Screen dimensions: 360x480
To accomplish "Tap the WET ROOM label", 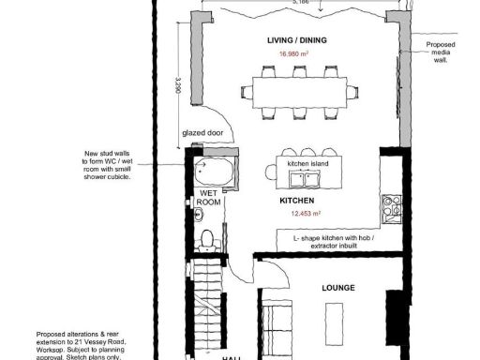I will pos(209,198).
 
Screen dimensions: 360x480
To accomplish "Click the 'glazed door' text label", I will pos(202,133).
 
